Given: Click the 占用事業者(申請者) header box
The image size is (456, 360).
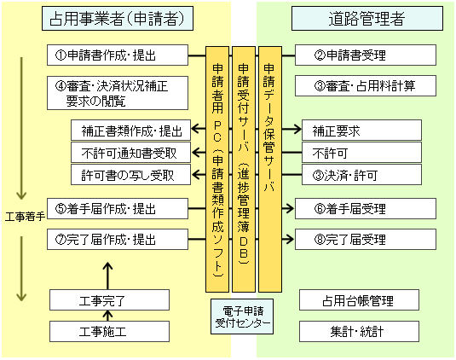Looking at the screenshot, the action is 118,18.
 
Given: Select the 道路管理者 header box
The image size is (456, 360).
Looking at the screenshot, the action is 367,18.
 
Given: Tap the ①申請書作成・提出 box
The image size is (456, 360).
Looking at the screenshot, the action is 118,55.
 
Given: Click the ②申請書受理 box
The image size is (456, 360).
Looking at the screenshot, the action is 366,55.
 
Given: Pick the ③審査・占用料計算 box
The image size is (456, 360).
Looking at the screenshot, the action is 366,86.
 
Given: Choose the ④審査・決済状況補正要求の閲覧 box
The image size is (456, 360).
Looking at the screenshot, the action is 118,93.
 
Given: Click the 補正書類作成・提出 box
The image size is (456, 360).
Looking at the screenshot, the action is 131,130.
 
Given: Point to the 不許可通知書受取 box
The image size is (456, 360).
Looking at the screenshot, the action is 131,152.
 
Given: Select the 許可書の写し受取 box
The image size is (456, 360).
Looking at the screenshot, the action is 131,175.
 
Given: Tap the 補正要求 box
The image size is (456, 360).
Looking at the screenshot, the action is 361,130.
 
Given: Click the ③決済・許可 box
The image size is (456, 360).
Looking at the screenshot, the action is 361,175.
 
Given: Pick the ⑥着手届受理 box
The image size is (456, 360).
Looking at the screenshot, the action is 366,209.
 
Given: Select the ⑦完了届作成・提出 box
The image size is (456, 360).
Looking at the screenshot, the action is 118,240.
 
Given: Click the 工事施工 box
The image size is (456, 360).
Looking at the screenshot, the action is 109,332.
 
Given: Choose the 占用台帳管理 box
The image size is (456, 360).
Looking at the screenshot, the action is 359,300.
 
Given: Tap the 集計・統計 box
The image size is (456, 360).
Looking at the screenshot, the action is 359,332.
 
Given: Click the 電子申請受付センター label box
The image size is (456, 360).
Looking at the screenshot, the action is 242,316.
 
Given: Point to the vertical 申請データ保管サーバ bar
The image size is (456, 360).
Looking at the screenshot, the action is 270,169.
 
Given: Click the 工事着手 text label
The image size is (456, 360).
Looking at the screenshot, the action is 26,217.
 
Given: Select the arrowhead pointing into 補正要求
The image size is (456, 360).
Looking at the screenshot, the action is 297,129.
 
